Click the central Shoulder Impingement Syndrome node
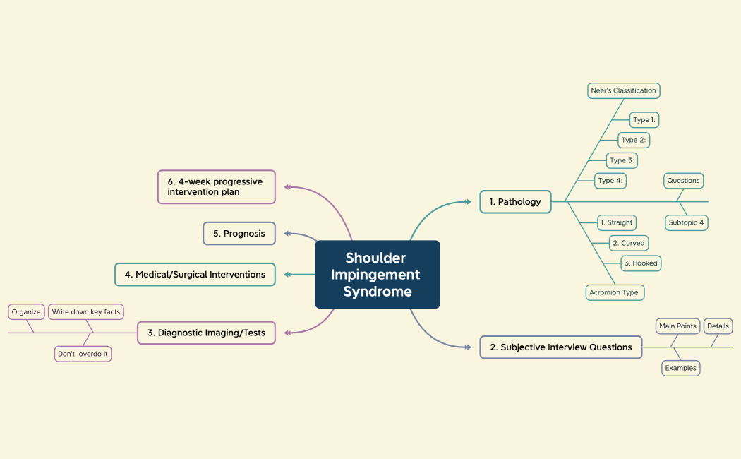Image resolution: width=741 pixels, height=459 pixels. pos(377,275)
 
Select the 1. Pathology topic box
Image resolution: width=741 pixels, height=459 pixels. pos(515,202)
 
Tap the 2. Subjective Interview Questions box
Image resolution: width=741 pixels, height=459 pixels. pos(561,347)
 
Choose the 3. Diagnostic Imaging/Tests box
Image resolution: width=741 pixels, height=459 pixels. pos(206,333)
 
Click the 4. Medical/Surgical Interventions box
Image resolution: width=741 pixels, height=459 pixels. pos(195,275)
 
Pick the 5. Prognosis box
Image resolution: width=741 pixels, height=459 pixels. pos(239,234)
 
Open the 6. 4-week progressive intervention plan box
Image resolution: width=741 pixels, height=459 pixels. pos(216,186)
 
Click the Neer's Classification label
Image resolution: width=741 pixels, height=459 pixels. pos(623,90)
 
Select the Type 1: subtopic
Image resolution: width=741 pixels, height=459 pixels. pos(644,120)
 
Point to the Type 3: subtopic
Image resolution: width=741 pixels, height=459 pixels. pos(622,160)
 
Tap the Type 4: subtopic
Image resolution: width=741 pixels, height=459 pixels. pos(610,181)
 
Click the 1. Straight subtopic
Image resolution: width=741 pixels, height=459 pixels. pos(616,222)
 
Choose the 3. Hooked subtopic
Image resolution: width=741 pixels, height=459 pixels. pos(641,263)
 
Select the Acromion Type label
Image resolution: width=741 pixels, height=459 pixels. pos(614,292)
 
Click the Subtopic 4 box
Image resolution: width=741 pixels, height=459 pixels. pos(687,223)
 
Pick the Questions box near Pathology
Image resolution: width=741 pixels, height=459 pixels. pos(683,181)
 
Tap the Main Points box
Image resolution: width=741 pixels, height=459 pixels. pos(677,326)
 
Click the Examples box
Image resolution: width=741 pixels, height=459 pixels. pos(681,368)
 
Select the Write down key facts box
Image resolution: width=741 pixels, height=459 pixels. pos(86,312)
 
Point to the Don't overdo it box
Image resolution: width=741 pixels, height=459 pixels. pos(83,354)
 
